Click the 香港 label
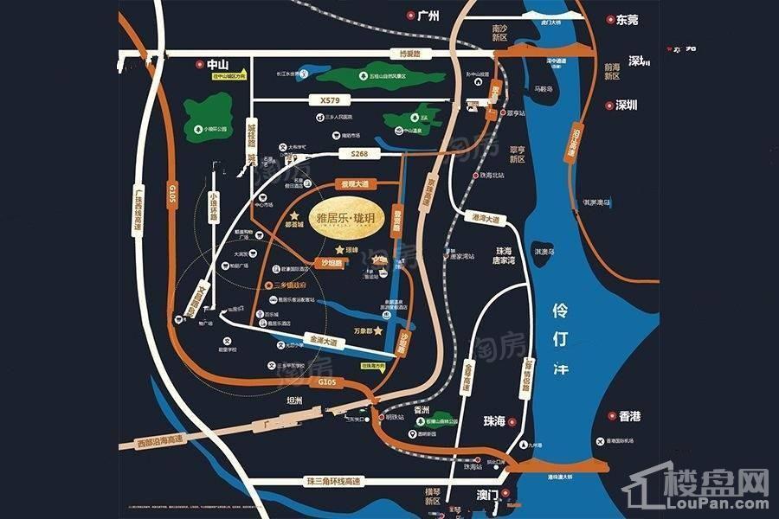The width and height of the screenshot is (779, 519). coord(629,416)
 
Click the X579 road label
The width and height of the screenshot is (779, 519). coord(330,100)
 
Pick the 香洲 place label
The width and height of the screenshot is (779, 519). coord(422,409)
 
